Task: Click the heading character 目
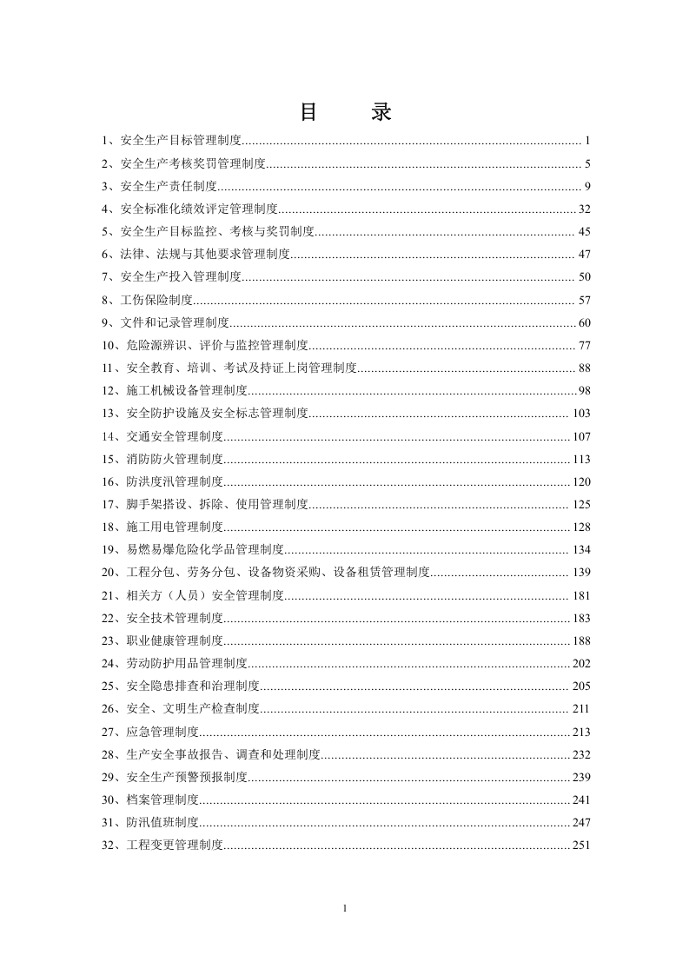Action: pos(308,112)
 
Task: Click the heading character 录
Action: pos(381,112)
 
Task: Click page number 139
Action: pos(581,573)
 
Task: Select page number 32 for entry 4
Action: pos(584,209)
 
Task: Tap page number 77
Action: pos(584,346)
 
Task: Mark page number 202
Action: pos(581,663)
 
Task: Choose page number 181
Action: pos(581,595)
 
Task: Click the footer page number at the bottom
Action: pos(345,909)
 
